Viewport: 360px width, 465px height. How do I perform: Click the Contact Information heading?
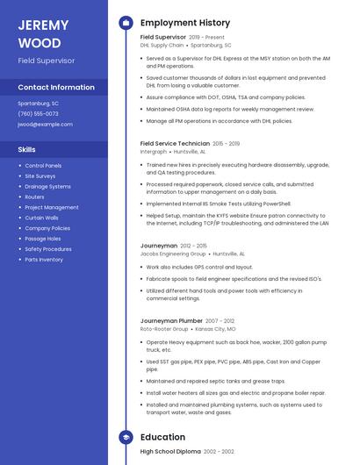pyautogui.click(x=56, y=88)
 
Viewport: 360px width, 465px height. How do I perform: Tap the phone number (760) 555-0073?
pyautogui.click(x=38, y=113)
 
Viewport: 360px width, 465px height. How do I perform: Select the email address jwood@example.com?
pyautogui.click(x=45, y=125)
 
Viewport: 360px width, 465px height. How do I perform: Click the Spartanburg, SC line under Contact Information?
pyautogui.click(x=38, y=103)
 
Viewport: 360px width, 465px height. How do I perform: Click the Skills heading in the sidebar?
pyautogui.click(x=26, y=149)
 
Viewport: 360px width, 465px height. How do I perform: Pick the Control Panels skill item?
pyautogui.click(x=43, y=166)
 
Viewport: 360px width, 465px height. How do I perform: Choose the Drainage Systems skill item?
pyautogui.click(x=47, y=187)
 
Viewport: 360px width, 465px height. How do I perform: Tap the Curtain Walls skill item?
pyautogui.click(x=41, y=218)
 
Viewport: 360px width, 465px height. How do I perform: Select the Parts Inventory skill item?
pyautogui.click(x=44, y=260)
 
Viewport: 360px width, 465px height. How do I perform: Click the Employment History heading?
pyautogui.click(x=185, y=23)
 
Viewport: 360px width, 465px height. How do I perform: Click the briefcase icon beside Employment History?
pyautogui.click(x=126, y=23)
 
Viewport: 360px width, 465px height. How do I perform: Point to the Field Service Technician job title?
pyautogui.click(x=175, y=143)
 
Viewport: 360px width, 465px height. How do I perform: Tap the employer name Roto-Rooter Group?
pyautogui.click(x=164, y=329)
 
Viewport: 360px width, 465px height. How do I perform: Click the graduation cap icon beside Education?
pyautogui.click(x=126, y=437)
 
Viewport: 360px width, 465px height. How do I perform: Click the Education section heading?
pyautogui.click(x=162, y=437)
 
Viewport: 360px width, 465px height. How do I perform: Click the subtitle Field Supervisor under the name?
pyautogui.click(x=47, y=61)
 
